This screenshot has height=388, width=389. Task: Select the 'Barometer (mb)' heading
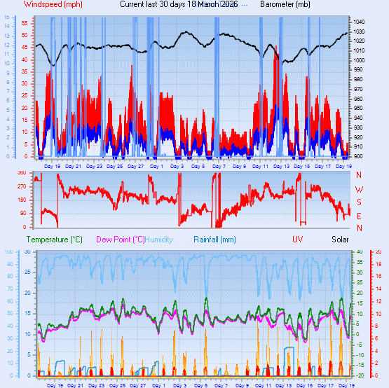(x=285, y=4)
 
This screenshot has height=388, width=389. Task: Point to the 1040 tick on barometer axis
(x=360, y=22)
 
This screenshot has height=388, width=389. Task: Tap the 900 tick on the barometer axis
(x=358, y=156)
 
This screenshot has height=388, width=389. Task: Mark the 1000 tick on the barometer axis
(x=360, y=60)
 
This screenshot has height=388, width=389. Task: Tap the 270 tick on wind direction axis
(x=21, y=186)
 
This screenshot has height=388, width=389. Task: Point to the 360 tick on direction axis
(x=21, y=173)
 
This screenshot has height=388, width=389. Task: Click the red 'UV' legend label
(x=298, y=240)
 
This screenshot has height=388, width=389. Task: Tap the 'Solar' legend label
(x=340, y=240)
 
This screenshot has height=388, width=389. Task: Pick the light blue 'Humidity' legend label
(x=158, y=240)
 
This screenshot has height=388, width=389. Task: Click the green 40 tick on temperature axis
(x=360, y=252)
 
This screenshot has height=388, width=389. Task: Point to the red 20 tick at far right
(x=378, y=252)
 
